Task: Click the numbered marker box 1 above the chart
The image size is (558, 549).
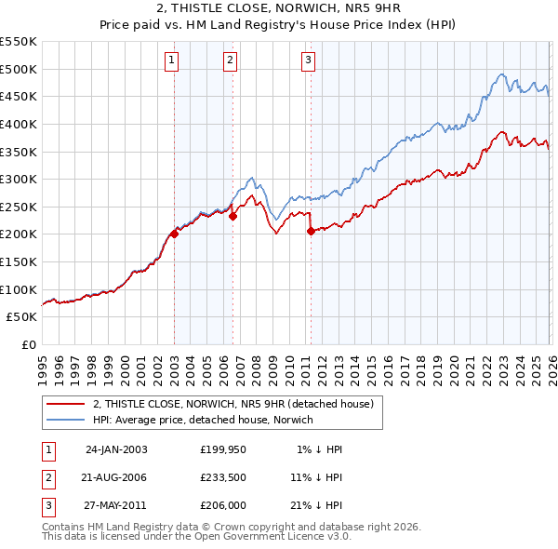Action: pyautogui.click(x=173, y=61)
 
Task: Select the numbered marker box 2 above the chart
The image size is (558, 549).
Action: pyautogui.click(x=231, y=61)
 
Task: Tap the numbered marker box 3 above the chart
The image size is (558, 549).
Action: pyautogui.click(x=308, y=61)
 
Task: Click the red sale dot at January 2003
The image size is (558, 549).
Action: pyautogui.click(x=174, y=234)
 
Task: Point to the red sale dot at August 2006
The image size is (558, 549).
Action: pyautogui.click(x=233, y=216)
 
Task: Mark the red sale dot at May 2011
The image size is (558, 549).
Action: pyautogui.click(x=311, y=232)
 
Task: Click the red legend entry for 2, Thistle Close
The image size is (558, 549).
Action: pyautogui.click(x=232, y=404)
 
